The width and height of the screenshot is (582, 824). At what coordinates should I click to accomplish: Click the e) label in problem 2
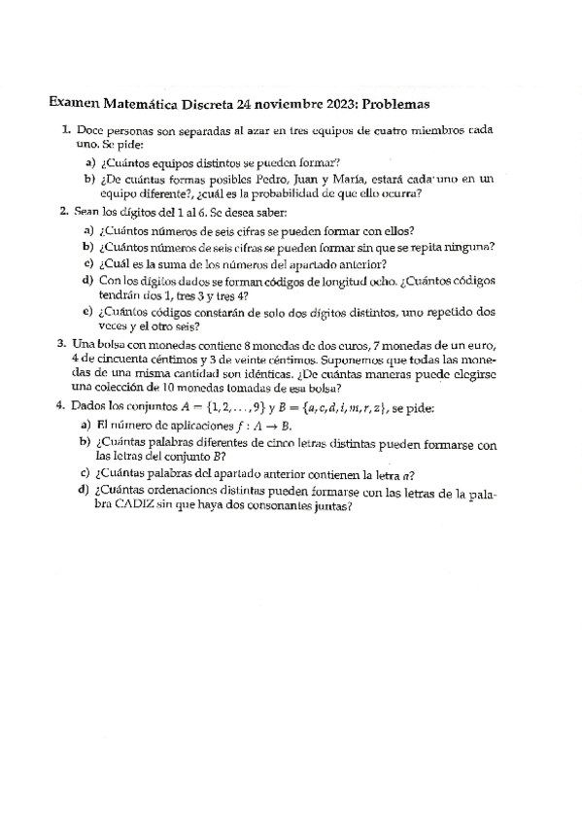point(87,313)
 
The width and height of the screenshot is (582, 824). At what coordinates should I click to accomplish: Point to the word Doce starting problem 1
point(89,129)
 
